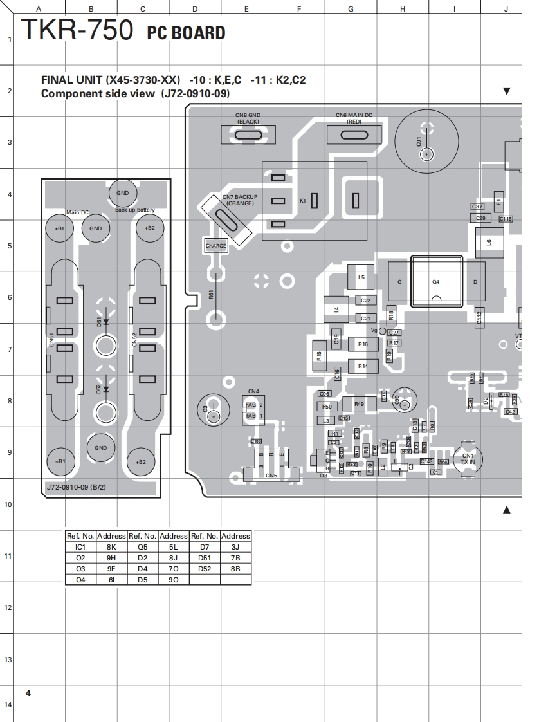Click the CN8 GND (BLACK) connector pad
[248, 135]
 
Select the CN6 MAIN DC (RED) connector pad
[353, 134]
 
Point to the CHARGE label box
[216, 246]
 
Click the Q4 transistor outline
[436, 282]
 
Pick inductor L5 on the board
[361, 277]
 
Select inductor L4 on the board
[336, 310]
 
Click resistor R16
[363, 345]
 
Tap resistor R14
[363, 366]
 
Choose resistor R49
[359, 404]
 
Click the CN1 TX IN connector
[468, 458]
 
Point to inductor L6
[489, 243]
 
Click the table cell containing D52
[205, 569]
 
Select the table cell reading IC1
[80, 546]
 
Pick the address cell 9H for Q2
[111, 558]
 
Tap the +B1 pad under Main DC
[59, 228]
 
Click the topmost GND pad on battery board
[122, 192]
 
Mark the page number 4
[28, 693]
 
